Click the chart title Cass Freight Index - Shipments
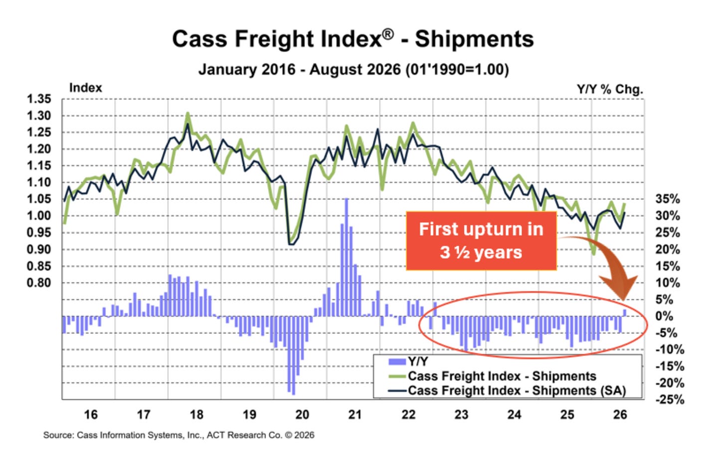(x=353, y=39)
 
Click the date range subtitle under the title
(x=354, y=69)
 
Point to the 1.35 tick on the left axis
(x=39, y=99)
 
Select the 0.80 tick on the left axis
(x=39, y=283)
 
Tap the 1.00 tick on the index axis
(x=39, y=216)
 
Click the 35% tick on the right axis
(x=668, y=199)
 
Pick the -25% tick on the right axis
(x=670, y=400)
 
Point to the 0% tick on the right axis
(x=664, y=316)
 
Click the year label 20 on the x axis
(x=302, y=415)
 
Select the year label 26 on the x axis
(x=620, y=415)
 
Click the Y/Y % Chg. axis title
(x=610, y=89)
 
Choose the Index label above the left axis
(x=86, y=88)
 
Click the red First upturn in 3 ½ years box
(x=481, y=241)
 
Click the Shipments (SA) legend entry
(x=507, y=391)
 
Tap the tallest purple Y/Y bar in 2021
(x=347, y=257)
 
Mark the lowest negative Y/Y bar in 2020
(x=294, y=355)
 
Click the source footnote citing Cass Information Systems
(x=179, y=435)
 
